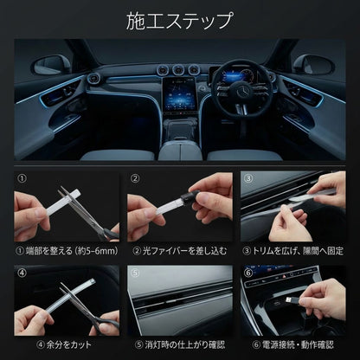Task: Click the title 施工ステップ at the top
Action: click(180, 19)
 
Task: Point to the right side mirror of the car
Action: click(312, 65)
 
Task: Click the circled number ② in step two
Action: click(136, 180)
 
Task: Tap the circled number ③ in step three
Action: click(248, 180)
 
